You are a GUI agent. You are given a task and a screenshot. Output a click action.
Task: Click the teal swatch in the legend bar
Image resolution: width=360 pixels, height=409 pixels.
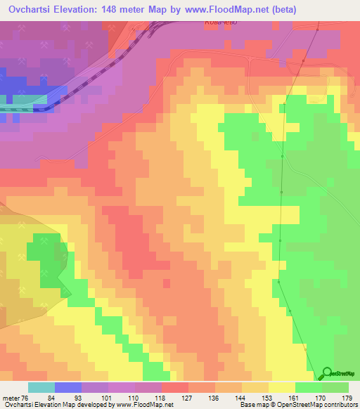pos(41,387)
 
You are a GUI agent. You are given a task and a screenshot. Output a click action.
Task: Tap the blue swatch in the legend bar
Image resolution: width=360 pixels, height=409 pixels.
pos(67,387)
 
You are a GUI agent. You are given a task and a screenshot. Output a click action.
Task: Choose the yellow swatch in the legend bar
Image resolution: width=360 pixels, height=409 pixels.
pos(281,387)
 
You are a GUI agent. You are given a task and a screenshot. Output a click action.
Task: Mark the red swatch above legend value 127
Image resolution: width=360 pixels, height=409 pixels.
pos(174,387)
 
